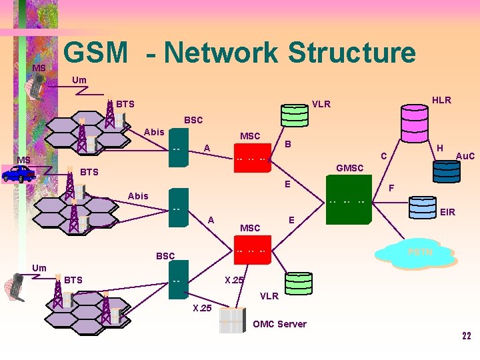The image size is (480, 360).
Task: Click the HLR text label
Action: (441, 100)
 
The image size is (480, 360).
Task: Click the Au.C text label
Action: (465, 156)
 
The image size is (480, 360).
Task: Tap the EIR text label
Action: (448, 212)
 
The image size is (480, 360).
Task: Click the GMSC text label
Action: (350, 168)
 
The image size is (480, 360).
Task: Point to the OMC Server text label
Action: (280, 324)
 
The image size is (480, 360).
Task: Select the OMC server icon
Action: (232, 320)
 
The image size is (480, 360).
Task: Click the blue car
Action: (18, 174)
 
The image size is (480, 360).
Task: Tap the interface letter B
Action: (287, 144)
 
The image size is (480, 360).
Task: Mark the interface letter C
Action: (383, 156)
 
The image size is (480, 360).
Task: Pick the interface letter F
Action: (392, 189)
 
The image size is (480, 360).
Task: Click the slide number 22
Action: (467, 335)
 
